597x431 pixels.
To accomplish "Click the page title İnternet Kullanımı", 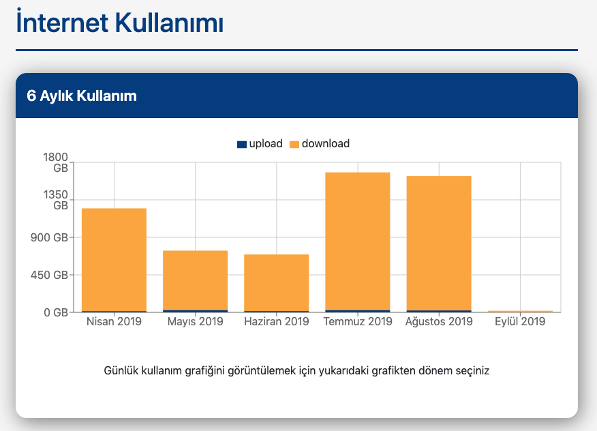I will (x=119, y=23).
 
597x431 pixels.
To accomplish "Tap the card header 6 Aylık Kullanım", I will (x=82, y=96).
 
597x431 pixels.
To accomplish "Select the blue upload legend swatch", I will (x=242, y=144).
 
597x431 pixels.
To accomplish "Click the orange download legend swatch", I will (x=294, y=144).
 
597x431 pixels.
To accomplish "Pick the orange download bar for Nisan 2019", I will (x=114, y=259).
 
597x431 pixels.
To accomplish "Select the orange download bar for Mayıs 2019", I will (x=195, y=280).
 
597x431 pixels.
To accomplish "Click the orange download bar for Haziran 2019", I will (x=276, y=282).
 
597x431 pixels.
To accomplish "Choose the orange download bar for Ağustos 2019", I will (x=439, y=243).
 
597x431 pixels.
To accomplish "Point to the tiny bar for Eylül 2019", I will (x=520, y=311).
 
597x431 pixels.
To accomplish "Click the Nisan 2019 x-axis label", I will (x=114, y=321).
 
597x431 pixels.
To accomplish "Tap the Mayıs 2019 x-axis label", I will (x=195, y=321).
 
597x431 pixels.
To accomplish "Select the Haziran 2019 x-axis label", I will (x=276, y=321).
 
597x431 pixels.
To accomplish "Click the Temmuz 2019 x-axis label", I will (x=358, y=321).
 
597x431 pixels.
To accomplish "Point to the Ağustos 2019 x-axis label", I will (x=439, y=321).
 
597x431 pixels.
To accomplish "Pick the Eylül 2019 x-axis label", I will (x=520, y=321).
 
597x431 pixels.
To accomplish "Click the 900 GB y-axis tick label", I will (x=50, y=238).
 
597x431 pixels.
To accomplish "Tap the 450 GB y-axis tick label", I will (x=50, y=276).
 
